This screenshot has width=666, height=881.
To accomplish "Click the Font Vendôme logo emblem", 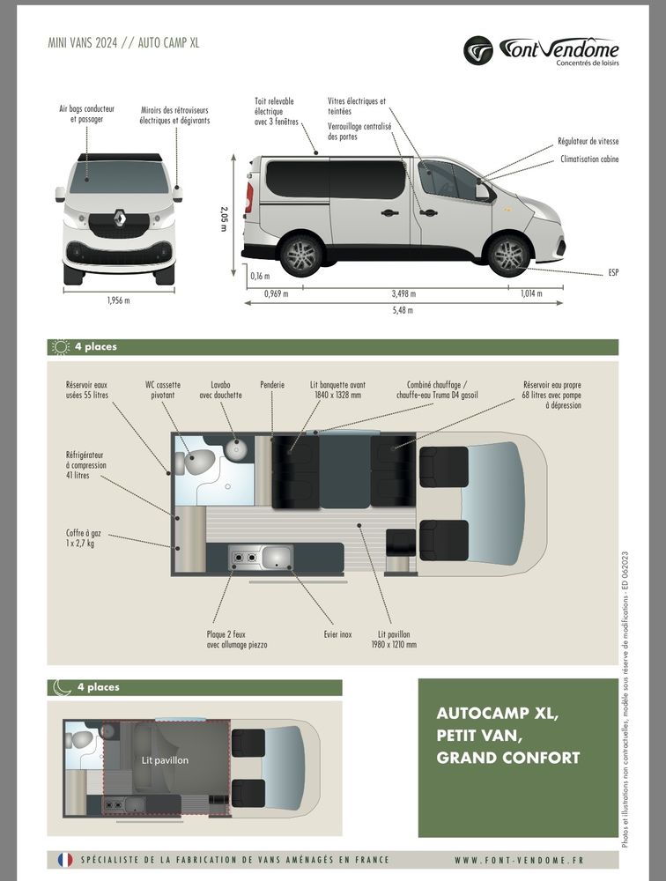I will [x=479, y=50].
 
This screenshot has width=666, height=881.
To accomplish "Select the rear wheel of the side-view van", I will [x=300, y=255].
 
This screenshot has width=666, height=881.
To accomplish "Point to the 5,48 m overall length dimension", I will [x=404, y=310].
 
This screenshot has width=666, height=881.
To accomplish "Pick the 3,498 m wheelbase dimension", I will [x=403, y=293].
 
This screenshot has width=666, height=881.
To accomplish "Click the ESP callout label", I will [x=613, y=273].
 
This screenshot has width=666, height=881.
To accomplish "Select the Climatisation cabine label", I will [x=589, y=159].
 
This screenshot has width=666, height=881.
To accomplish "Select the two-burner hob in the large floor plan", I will [x=243, y=557].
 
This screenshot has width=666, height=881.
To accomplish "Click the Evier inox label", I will [x=337, y=633].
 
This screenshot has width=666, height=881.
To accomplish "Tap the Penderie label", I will [x=272, y=385].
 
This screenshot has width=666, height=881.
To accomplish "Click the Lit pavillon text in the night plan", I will [x=165, y=759].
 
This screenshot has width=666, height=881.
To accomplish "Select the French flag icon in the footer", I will [x=64, y=859].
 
